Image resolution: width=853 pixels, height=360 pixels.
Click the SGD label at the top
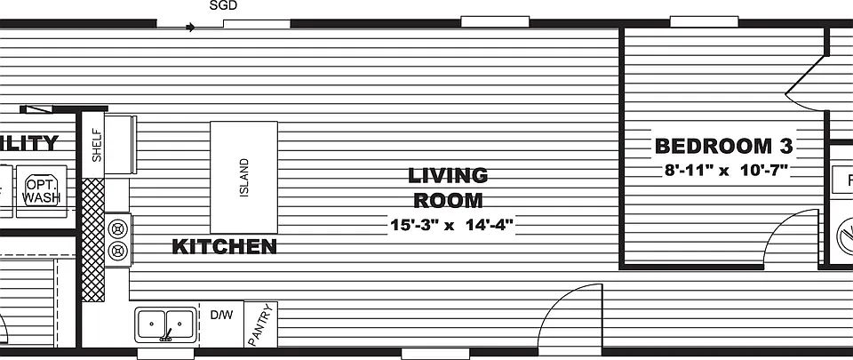[x=223, y=5]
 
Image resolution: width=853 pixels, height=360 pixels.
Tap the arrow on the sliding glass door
[x=189, y=27]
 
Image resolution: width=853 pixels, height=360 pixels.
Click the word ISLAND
[x=243, y=178]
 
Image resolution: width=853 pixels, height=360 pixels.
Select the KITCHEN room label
[x=224, y=246]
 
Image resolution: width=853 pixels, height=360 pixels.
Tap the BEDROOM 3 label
[x=723, y=146]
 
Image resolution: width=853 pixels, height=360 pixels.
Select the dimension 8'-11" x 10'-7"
[x=726, y=170]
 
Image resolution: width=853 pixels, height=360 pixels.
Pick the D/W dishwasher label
[x=220, y=314]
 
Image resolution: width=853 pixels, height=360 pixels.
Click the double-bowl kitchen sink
[x=165, y=324]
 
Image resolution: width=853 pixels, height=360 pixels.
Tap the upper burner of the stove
[x=117, y=228]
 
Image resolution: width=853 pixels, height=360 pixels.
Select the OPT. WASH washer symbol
[x=40, y=191]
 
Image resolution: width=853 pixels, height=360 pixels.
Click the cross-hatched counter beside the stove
[x=93, y=237]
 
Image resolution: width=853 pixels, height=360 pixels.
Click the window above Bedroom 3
[x=704, y=21]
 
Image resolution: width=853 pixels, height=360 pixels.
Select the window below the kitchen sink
[x=165, y=354]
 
